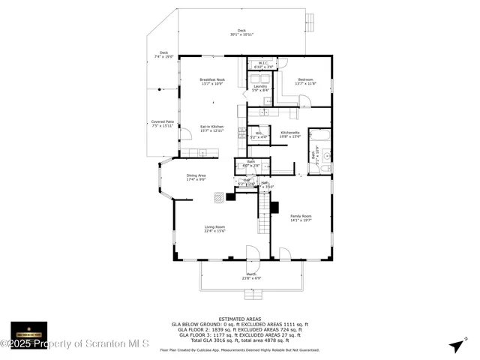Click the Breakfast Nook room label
tap(211, 81)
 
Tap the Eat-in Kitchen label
tap(211, 128)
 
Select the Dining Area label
tap(196, 178)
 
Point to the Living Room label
tap(215, 229)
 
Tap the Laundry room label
tap(260, 88)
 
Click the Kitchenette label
tap(290, 134)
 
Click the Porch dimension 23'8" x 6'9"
tap(251, 279)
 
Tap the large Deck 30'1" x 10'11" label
tap(241, 32)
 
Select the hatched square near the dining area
tap(218, 197)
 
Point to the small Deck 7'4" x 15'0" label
tap(164, 55)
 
